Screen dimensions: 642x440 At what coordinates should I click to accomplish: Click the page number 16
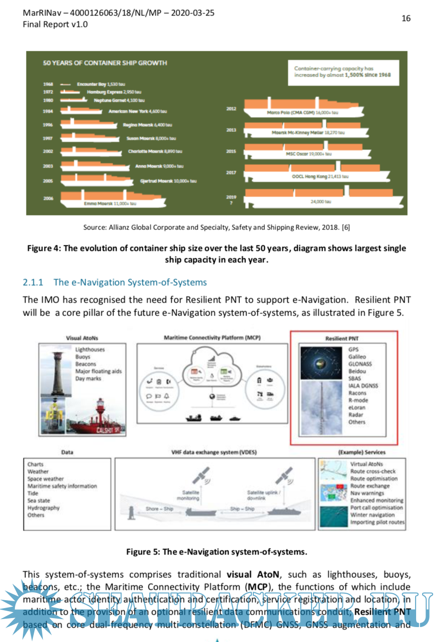pyautogui.click(x=406, y=18)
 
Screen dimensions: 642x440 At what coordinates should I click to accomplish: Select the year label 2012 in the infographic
pyautogui.click(x=231, y=108)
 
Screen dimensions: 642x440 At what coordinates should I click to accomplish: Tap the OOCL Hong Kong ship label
pyautogui.click(x=320, y=176)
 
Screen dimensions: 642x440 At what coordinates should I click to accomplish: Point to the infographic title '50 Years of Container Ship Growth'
pyautogui.click(x=105, y=63)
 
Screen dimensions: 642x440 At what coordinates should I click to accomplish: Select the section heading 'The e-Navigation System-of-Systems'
pyautogui.click(x=130, y=282)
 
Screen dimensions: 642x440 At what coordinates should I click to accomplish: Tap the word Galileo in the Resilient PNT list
pyautogui.click(x=357, y=357)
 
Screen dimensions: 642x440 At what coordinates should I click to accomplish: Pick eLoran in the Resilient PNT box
pyautogui.click(x=357, y=408)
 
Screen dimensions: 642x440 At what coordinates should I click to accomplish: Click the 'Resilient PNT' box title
pyautogui.click(x=343, y=338)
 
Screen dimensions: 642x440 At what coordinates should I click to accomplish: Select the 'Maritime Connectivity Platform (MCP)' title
pyautogui.click(x=212, y=338)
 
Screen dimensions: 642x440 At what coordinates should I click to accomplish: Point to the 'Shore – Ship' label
pyautogui.click(x=159, y=509)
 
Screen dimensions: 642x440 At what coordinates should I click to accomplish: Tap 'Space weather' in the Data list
pyautogui.click(x=46, y=479)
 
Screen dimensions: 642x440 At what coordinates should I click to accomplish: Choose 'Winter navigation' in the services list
pyautogui.click(x=372, y=515)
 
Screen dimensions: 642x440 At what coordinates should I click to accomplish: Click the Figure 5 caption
pyautogui.click(x=217, y=551)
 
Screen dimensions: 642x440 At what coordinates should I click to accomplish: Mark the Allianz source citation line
pyautogui.click(x=217, y=228)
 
